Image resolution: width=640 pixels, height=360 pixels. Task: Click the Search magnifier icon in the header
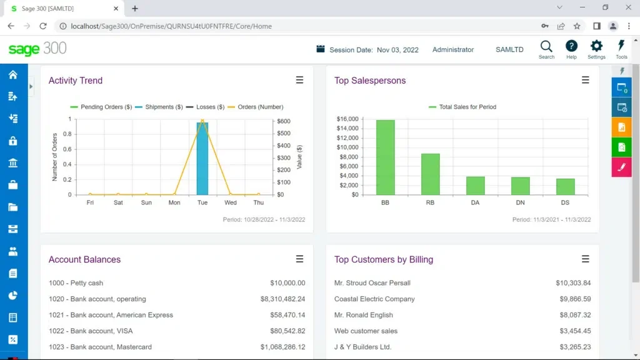pos(546,47)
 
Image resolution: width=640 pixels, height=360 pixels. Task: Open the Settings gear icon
pos(596,47)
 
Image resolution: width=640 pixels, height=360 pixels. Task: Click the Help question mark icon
pos(571,47)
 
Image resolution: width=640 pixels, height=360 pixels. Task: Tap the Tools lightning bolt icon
pos(621,47)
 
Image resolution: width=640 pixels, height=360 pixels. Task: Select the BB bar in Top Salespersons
pos(385,157)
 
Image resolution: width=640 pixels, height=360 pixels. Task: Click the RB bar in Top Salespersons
pos(430,174)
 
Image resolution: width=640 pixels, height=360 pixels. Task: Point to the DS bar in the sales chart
pos(565,186)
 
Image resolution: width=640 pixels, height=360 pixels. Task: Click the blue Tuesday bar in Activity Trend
pos(202,159)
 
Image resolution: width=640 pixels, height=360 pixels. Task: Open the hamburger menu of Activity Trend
pos(299,80)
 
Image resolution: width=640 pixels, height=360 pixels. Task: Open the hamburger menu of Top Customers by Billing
pos(585,259)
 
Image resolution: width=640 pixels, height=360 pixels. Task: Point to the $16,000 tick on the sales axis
pos(347,119)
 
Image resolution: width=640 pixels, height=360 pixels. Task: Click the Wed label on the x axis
pos(231,202)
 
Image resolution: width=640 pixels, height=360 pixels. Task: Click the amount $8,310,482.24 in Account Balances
pos(282,299)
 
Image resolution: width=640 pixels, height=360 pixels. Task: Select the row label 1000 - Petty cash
pos(76,283)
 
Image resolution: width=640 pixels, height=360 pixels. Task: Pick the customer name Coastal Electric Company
pos(374,299)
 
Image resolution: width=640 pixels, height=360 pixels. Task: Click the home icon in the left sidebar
pos(12,75)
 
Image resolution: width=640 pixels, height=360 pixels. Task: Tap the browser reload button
pos(43,26)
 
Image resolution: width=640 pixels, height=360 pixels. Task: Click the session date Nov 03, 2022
pos(397,50)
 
